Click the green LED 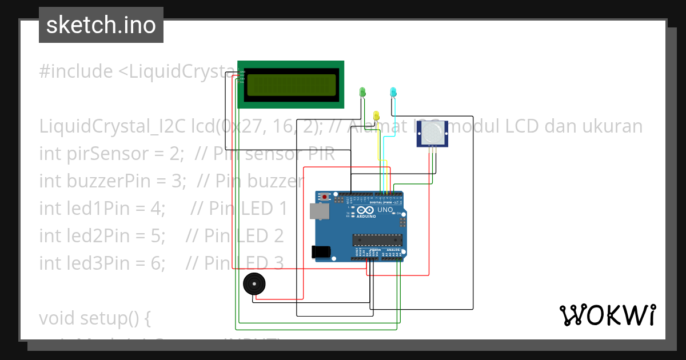pos(362,91)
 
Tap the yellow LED pos(376,115)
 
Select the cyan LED pos(393,92)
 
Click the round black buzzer pos(253,284)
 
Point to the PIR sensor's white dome pos(432,133)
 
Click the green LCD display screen pos(290,85)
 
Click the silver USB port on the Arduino pos(319,211)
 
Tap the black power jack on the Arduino pos(321,251)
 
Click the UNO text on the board pos(385,210)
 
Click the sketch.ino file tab pos(101,25)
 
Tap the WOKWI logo pos(607,315)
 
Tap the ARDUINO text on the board pos(366,217)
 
